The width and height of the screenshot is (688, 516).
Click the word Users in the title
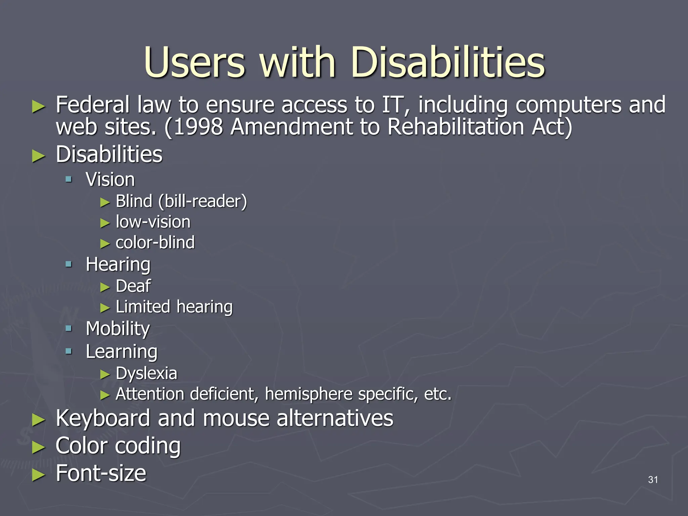coord(195,62)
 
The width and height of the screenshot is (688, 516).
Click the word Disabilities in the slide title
coord(447,62)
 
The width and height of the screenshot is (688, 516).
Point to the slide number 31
coord(653,479)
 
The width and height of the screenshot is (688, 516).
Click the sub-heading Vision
coord(110,179)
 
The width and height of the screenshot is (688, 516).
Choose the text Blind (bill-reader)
coord(181,202)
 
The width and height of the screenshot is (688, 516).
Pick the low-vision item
coord(153,222)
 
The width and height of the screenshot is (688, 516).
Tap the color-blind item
coord(155,243)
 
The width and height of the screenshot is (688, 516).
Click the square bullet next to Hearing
coord(69,264)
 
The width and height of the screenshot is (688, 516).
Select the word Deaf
coord(133,286)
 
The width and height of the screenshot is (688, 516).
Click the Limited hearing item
coord(174,307)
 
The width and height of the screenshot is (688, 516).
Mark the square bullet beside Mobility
coord(69,328)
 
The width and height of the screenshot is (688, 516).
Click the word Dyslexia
coord(146,373)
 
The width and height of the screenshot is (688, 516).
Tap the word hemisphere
coord(308,394)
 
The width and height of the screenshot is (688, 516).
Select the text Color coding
coord(118,446)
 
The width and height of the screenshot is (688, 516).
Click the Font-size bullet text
coord(101,473)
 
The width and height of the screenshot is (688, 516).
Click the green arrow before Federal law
coord(38,106)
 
